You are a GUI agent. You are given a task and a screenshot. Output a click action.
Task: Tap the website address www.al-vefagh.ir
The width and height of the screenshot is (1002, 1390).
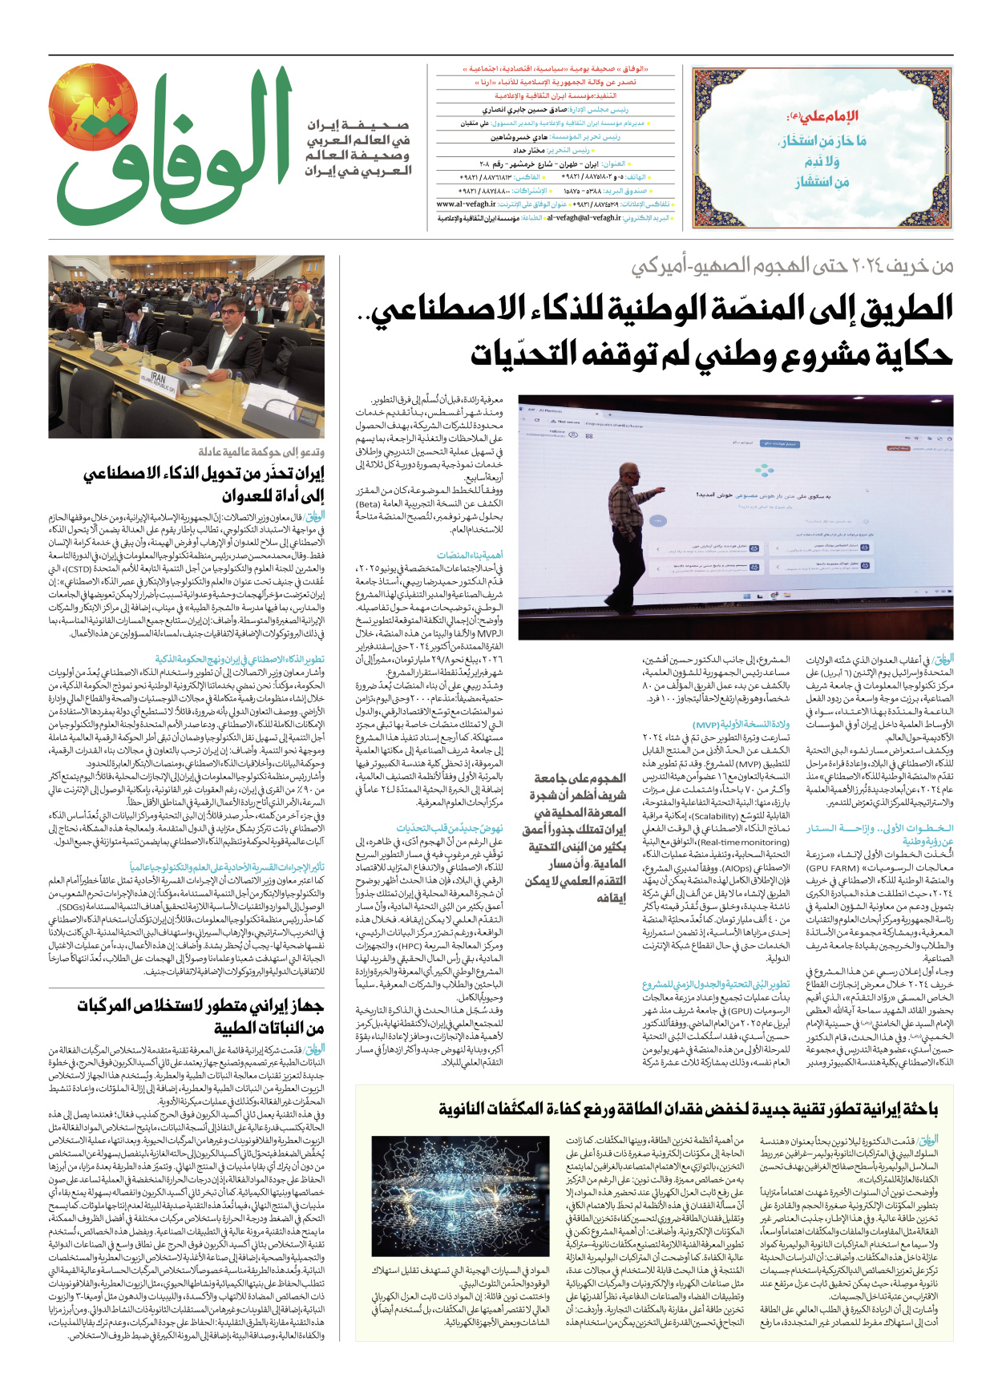pos(467,204)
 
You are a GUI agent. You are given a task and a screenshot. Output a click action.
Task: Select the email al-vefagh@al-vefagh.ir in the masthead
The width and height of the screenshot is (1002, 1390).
pos(584,217)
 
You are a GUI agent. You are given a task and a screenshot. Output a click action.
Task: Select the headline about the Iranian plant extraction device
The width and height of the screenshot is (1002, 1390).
pos(200,1016)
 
